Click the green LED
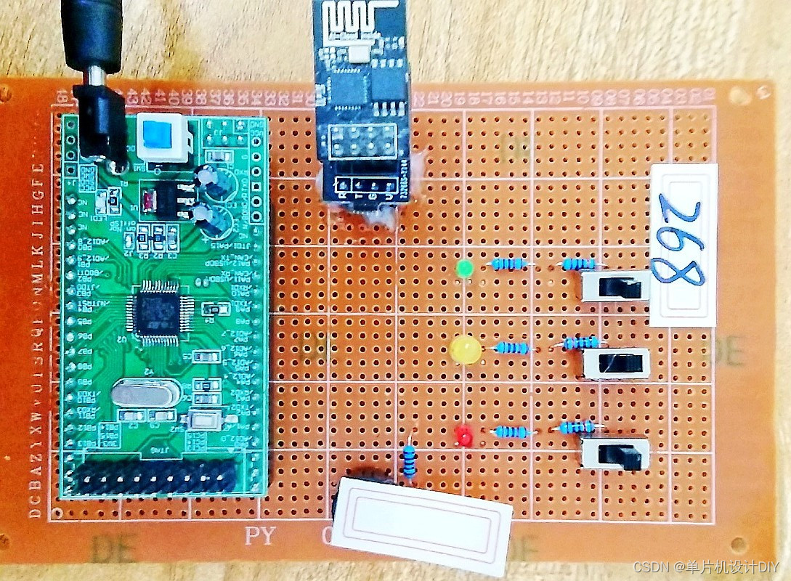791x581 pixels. pyautogui.click(x=463, y=269)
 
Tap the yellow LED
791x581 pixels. pyautogui.click(x=466, y=349)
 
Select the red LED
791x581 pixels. pyautogui.click(x=463, y=436)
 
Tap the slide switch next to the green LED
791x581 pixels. pyautogui.click(x=616, y=286)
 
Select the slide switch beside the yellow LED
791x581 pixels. pyautogui.click(x=617, y=363)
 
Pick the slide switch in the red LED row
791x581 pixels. pyautogui.click(x=616, y=454)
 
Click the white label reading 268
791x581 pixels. pyautogui.click(x=683, y=245)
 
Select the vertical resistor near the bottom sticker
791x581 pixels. pyautogui.click(x=410, y=460)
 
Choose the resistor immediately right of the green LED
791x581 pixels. pyautogui.click(x=509, y=264)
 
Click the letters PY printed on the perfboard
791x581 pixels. pyautogui.click(x=260, y=537)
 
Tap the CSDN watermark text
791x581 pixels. pyautogui.click(x=705, y=566)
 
